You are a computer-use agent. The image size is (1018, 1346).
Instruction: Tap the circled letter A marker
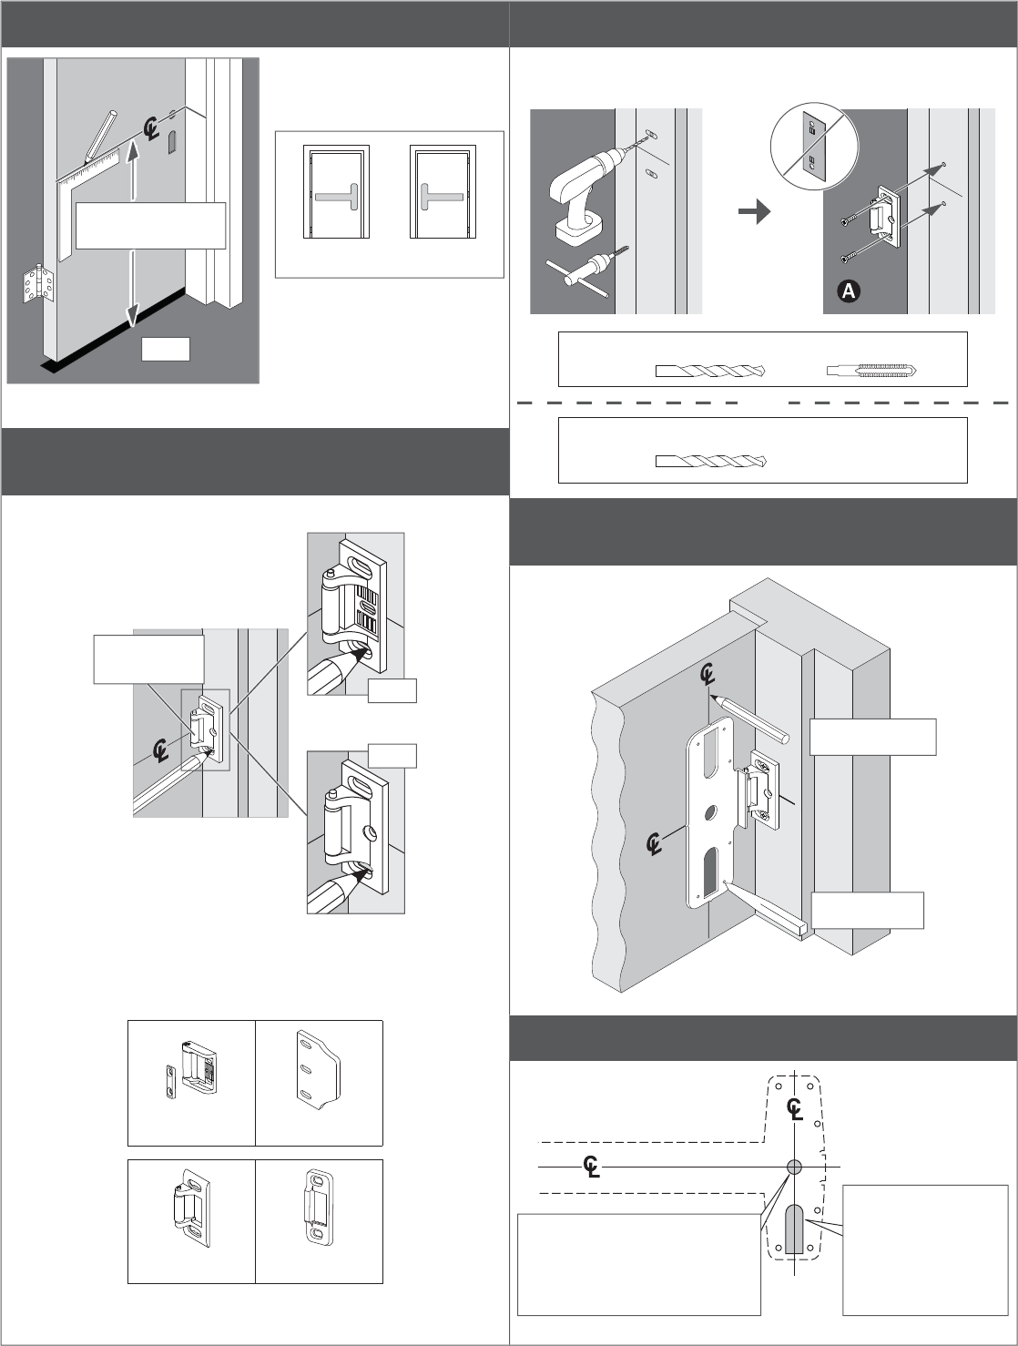pyautogui.click(x=849, y=291)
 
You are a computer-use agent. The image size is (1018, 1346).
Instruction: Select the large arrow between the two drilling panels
pyautogui.click(x=755, y=211)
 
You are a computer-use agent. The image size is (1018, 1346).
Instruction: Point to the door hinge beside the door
pyautogui.click(x=37, y=283)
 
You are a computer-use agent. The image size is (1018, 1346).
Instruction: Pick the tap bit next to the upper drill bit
pyautogui.click(x=871, y=371)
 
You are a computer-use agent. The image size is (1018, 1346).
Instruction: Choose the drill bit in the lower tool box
pyautogui.click(x=711, y=461)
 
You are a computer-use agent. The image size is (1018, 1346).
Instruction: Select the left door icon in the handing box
pyautogui.click(x=336, y=192)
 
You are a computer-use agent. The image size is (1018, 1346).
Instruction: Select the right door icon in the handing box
pyautogui.click(x=443, y=192)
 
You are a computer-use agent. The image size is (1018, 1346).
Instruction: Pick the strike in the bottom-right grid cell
pyautogui.click(x=320, y=1208)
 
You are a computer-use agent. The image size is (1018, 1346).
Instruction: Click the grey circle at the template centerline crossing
pyautogui.click(x=794, y=1167)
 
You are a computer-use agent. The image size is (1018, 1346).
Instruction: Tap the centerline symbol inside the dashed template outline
pyautogui.click(x=794, y=1108)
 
